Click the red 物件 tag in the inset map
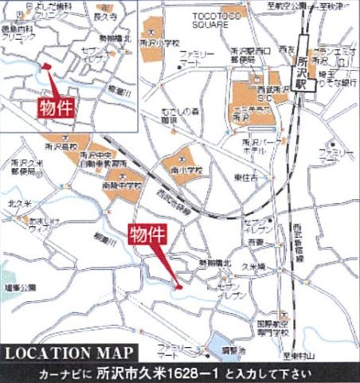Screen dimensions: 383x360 pos(55,107)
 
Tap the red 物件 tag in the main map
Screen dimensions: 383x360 pos(149,235)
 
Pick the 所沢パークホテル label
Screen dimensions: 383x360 pos(261,147)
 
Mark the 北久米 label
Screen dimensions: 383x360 pos(17,203)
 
